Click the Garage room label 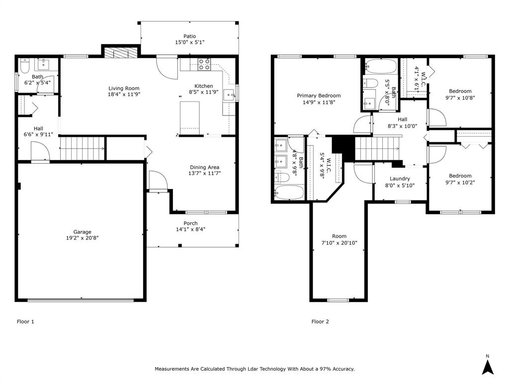coord(83,232)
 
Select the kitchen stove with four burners coord(204,64)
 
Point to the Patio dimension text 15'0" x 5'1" coord(189,43)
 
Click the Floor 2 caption coord(320,321)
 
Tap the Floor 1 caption coord(25,321)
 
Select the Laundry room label coord(400,179)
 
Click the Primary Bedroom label coord(319,95)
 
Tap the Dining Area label coord(204,167)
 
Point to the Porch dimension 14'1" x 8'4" coord(190,230)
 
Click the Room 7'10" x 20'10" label coord(339,240)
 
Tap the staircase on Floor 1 coord(83,148)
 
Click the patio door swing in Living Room coord(168,68)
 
